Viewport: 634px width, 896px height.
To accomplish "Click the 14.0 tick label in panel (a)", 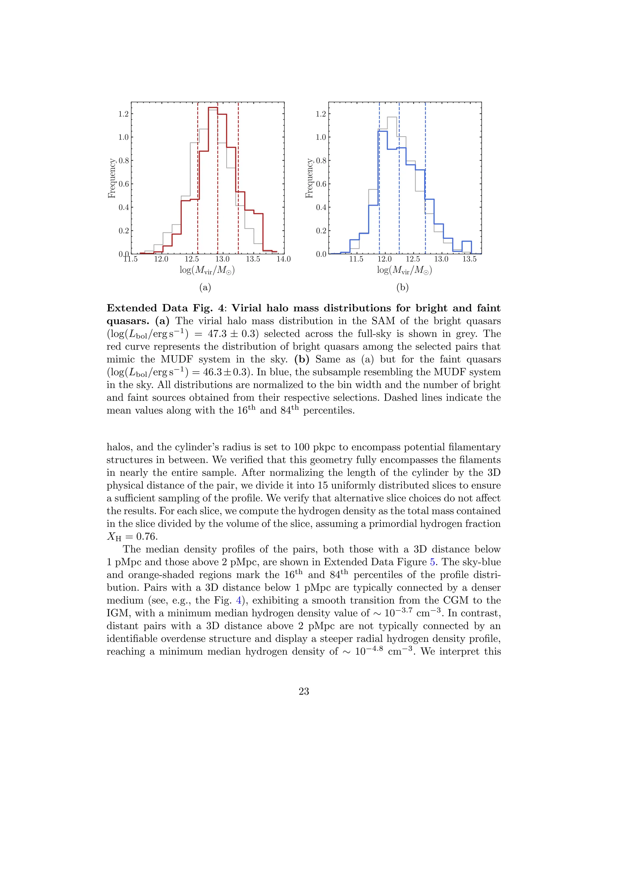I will click(x=284, y=259).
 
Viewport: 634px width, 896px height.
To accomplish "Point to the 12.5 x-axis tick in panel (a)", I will click(x=192, y=259).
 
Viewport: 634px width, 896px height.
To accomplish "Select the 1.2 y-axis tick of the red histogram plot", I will click(x=124, y=114).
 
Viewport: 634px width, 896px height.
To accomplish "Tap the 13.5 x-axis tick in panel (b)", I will click(x=469, y=259).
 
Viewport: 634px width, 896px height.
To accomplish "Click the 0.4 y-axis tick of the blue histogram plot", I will click(x=321, y=207).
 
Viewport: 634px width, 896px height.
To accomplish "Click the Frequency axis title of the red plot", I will click(x=112, y=178).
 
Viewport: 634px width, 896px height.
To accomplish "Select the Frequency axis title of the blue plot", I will click(x=309, y=178).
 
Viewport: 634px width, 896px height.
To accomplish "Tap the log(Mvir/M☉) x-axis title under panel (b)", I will click(x=404, y=270).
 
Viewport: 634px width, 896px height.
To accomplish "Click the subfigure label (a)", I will click(x=205, y=288).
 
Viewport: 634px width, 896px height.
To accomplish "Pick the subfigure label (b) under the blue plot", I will click(x=402, y=288).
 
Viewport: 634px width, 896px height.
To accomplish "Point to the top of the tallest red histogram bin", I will click(x=213, y=107).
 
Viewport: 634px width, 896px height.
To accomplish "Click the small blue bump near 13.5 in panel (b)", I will click(x=467, y=242).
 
